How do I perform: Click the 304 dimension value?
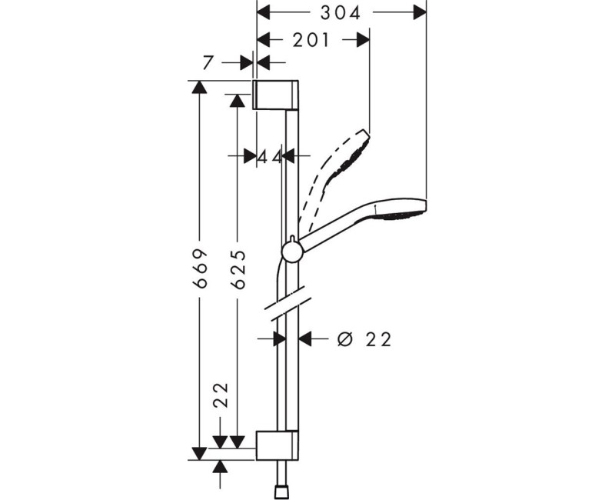tap(341, 12)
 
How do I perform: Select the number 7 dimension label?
tap(208, 64)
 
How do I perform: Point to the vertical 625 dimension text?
tap(238, 268)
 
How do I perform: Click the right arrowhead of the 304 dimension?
tap(419, 12)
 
